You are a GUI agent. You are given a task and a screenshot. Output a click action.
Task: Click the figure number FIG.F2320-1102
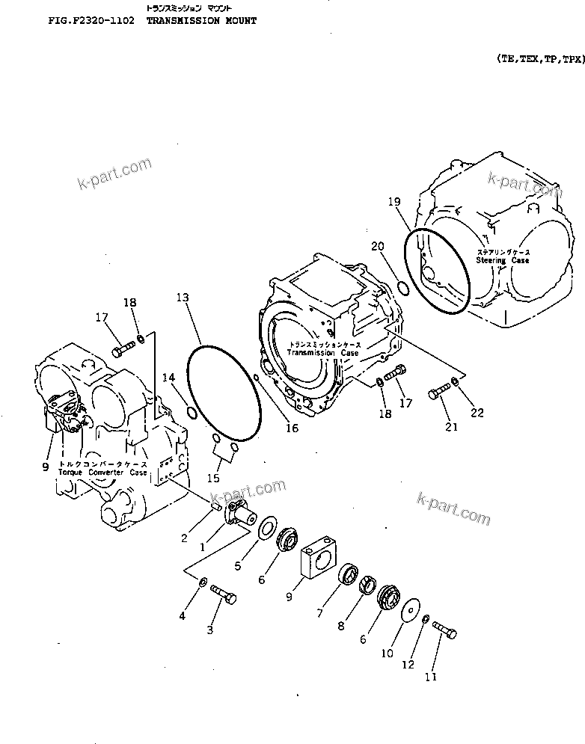coord(90,21)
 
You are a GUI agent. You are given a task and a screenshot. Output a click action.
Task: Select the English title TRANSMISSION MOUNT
coord(201,21)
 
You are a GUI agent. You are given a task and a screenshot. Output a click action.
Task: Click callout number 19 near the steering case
coord(394,201)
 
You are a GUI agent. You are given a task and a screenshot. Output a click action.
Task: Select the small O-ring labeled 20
coord(402,288)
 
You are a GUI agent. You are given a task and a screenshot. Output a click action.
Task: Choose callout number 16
coord(292,428)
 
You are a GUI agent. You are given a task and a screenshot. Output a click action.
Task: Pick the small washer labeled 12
coord(425,618)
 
